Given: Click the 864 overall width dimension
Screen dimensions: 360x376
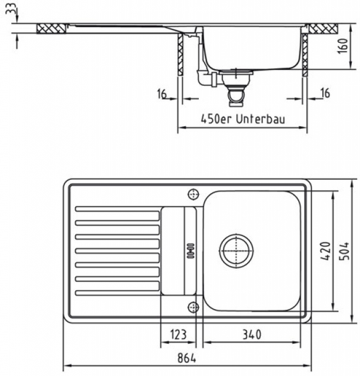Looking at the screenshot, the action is (187, 358).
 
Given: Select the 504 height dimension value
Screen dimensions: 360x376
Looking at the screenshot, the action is (345, 251).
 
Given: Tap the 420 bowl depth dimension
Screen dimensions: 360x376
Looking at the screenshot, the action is (326, 251).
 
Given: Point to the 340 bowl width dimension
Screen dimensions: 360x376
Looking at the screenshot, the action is (252, 334).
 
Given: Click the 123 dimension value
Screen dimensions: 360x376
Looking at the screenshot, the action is (178, 334).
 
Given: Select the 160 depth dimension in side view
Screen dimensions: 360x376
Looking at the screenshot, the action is (344, 46).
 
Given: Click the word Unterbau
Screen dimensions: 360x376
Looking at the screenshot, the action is (261, 119).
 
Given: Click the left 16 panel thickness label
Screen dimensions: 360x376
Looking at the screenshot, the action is (162, 93).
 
